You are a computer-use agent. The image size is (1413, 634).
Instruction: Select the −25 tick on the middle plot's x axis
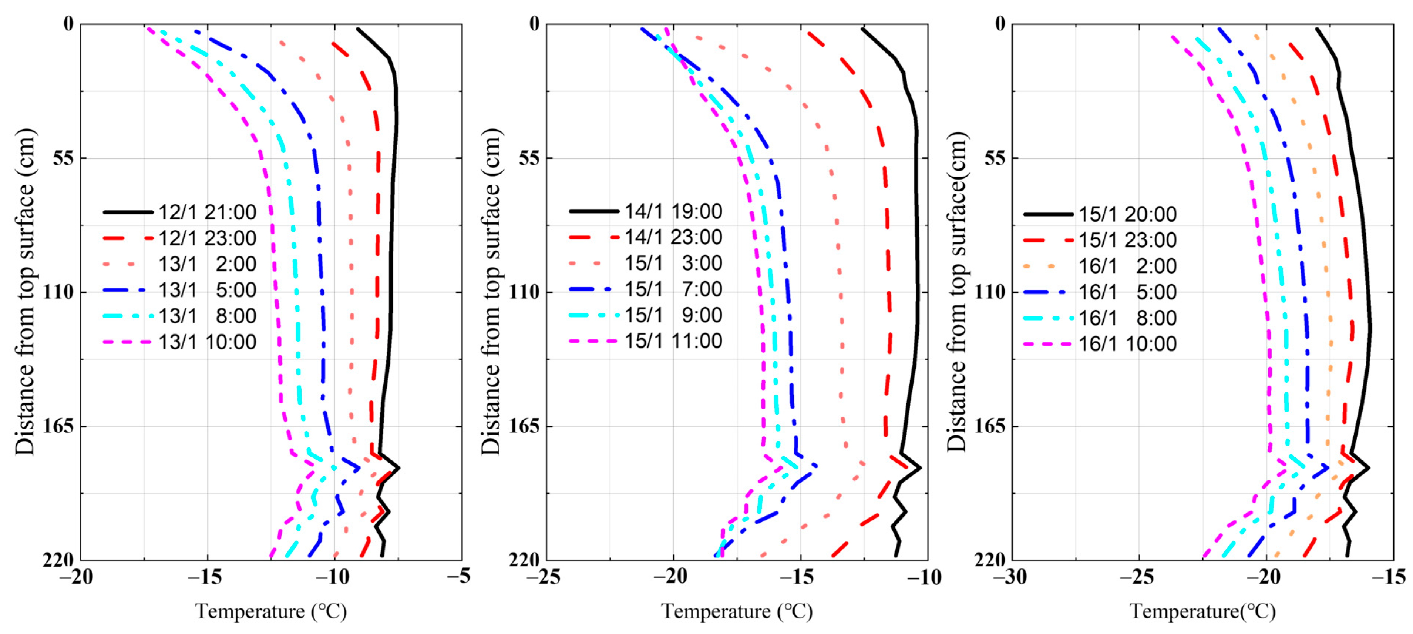(x=543, y=576)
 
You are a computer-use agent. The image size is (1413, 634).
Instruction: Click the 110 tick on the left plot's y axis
(x=58, y=292)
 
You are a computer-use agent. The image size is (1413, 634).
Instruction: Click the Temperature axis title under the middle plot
(x=737, y=611)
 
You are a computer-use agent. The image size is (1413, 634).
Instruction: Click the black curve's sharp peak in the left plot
(x=399, y=468)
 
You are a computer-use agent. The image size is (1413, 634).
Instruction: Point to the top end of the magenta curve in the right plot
(x=1172, y=37)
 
